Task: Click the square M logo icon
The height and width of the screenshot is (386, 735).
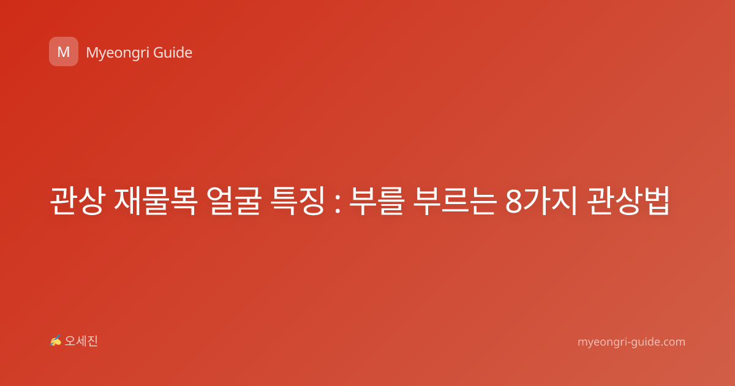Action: click(x=64, y=51)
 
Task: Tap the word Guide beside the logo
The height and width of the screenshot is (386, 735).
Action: click(x=173, y=53)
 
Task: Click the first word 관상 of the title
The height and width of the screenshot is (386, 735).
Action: click(x=77, y=200)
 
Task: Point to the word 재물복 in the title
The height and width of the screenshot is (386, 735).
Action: click(x=156, y=200)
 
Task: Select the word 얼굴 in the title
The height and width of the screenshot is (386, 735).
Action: click(x=234, y=200)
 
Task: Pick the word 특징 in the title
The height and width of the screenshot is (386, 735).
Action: click(x=298, y=200)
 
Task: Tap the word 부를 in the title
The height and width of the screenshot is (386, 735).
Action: click(x=376, y=200)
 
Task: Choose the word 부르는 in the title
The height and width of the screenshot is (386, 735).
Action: click(x=454, y=200)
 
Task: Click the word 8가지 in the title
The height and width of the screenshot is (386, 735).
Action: click(x=541, y=200)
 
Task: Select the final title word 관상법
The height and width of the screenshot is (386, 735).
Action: click(x=627, y=200)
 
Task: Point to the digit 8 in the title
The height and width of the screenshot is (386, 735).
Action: click(x=514, y=202)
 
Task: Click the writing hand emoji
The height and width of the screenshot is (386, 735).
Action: click(x=56, y=341)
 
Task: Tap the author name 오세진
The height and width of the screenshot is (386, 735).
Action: click(x=81, y=341)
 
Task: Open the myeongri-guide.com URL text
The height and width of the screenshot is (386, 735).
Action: click(x=631, y=342)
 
